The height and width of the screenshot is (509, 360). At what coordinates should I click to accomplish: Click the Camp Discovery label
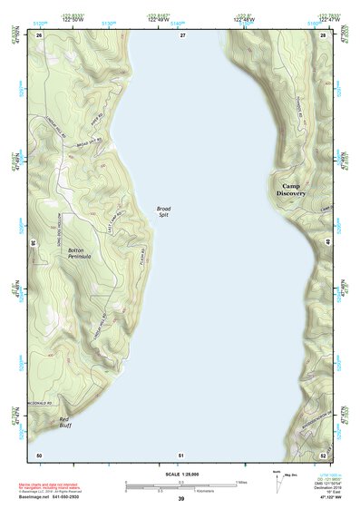point(291,189)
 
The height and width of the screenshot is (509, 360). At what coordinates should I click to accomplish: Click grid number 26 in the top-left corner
point(39,34)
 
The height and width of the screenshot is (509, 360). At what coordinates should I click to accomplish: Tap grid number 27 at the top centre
point(182,34)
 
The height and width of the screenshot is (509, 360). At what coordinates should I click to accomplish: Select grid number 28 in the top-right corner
point(324,34)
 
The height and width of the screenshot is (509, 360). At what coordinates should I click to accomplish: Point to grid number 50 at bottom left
point(39,454)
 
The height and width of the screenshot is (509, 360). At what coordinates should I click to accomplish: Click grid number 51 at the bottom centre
point(182,454)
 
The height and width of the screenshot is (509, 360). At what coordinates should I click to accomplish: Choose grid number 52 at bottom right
point(324,454)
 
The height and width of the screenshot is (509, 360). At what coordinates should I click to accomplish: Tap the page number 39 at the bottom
point(180,500)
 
